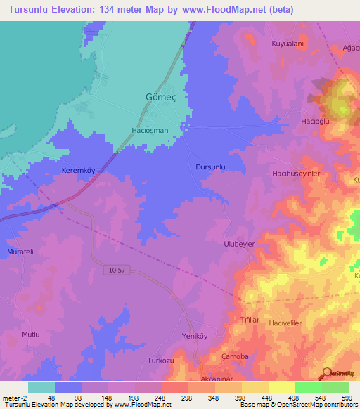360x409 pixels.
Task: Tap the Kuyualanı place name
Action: tap(287, 44)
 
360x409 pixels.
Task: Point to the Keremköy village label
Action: tap(78, 171)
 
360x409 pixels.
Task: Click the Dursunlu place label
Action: tap(210, 167)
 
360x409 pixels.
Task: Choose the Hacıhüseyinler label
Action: tap(296, 173)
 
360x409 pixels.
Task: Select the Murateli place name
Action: tap(20, 252)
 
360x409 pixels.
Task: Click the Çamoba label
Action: tap(235, 356)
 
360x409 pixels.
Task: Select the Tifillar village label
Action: tap(251, 320)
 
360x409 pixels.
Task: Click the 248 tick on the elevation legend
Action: tap(161, 398)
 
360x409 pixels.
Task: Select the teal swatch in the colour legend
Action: tap(41, 387)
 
